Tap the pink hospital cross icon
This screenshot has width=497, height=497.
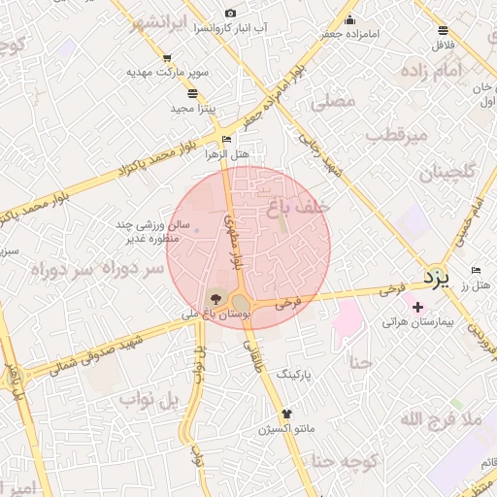click(417, 307)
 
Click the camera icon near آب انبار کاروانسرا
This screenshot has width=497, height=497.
click(230, 13)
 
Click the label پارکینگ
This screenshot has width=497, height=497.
click(297, 373)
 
